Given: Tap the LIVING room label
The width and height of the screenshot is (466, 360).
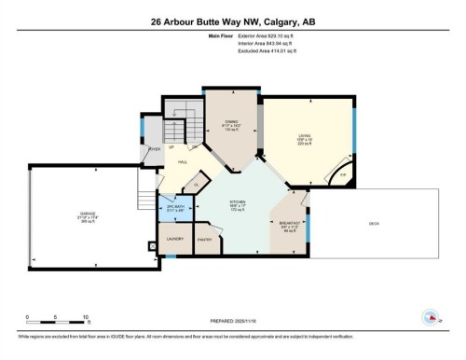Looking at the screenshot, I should (x=304, y=136).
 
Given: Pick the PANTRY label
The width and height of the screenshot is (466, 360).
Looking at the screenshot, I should (x=206, y=240).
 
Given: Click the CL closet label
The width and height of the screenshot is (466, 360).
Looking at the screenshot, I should (x=197, y=183).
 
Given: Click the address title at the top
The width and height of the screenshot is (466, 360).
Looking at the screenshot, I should (x=232, y=23).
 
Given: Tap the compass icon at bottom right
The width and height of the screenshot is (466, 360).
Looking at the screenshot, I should (x=430, y=315).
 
